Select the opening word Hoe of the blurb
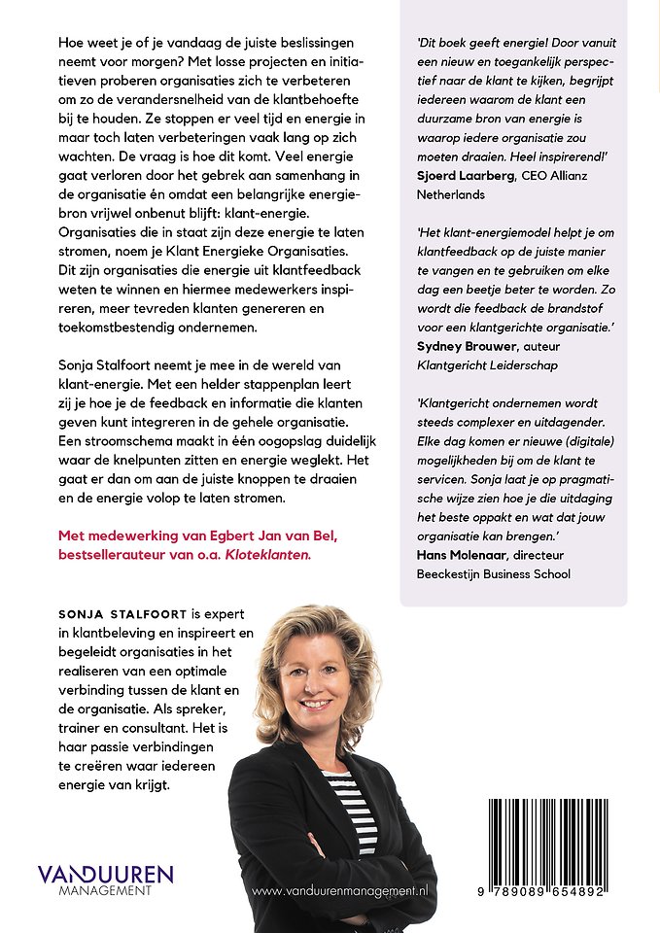tap(73, 44)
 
